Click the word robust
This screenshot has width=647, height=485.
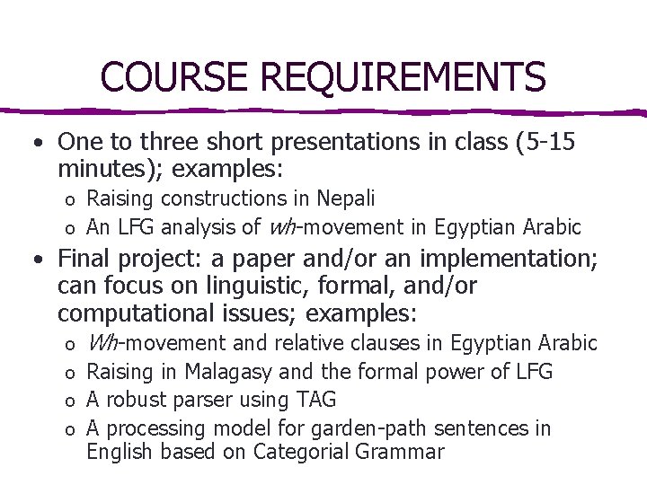[x=137, y=400]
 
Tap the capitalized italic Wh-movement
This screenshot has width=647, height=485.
[x=156, y=343]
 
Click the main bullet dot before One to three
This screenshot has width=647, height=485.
[x=33, y=143]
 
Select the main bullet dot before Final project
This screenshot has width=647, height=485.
[x=33, y=260]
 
